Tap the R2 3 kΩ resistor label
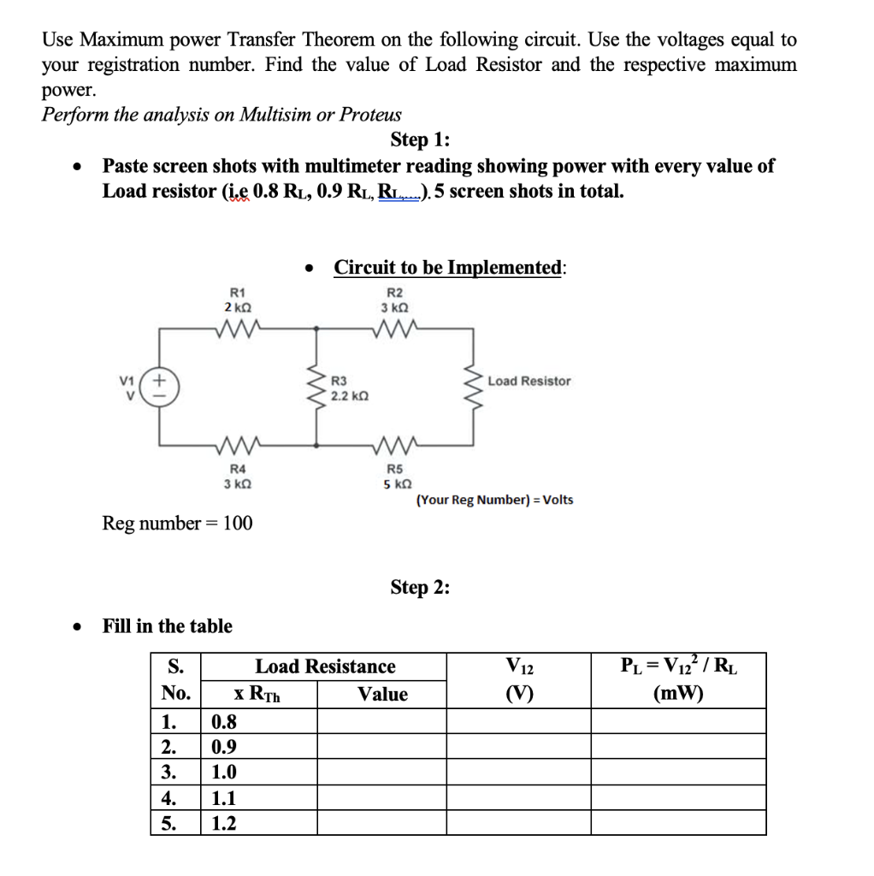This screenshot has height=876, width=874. pyautogui.click(x=394, y=299)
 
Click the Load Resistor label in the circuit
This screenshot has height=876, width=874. pyautogui.click(x=529, y=381)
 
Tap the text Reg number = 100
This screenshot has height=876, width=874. pyautogui.click(x=177, y=523)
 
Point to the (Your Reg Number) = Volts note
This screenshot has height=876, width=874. pyautogui.click(x=494, y=500)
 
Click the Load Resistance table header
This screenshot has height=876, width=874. pyautogui.click(x=325, y=666)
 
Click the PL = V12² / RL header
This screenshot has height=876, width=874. pyautogui.click(x=677, y=666)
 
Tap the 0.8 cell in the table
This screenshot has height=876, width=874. pyautogui.click(x=224, y=721)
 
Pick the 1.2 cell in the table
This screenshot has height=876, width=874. pyautogui.click(x=224, y=824)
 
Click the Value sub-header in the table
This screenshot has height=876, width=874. pyautogui.click(x=382, y=694)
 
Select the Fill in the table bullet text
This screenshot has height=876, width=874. pyautogui.click(x=167, y=626)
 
